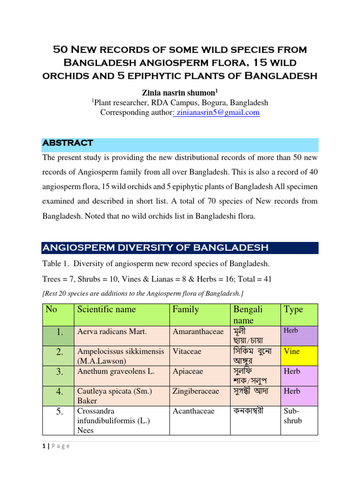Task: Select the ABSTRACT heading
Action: [67, 142]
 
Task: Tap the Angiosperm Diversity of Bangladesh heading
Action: [155, 247]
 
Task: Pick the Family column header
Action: [186, 309]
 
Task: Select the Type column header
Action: [293, 309]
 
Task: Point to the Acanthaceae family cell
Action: [193, 411]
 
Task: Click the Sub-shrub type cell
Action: [293, 415]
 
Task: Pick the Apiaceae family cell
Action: [188, 371]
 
